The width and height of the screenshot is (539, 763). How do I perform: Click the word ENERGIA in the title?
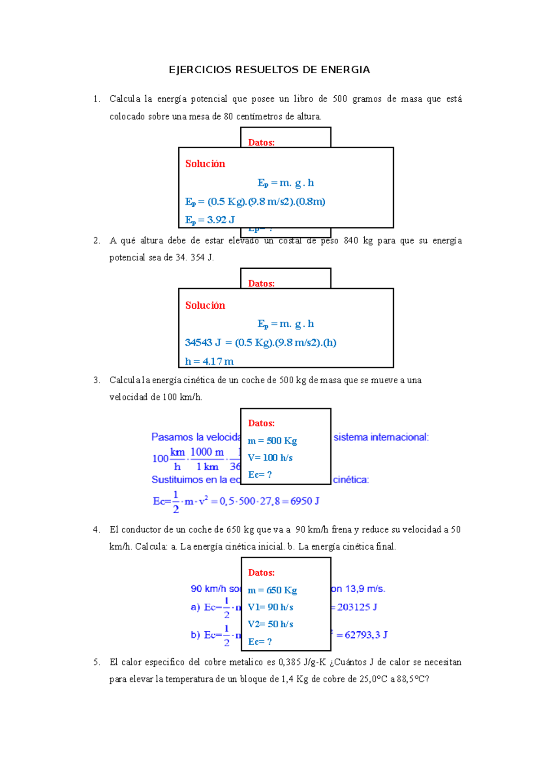345,70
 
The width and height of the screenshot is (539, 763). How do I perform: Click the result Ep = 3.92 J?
210,220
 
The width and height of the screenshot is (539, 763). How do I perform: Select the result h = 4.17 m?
209,361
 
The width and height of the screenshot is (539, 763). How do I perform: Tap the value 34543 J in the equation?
203,342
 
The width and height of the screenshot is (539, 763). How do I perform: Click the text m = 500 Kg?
272,441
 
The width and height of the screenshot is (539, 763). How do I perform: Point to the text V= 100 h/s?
270,458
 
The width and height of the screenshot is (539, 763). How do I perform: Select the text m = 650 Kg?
272,590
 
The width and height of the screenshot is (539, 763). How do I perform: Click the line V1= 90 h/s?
270,607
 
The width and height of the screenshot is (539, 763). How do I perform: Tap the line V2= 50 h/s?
270,624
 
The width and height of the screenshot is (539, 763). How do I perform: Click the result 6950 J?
305,501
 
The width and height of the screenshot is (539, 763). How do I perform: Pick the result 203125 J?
357,607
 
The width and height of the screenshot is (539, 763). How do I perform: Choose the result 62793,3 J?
366,635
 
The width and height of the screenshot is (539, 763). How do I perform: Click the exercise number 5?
96,662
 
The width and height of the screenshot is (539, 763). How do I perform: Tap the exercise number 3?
96,380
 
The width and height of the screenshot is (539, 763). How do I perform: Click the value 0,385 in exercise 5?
290,662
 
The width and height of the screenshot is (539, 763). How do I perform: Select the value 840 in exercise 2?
351,240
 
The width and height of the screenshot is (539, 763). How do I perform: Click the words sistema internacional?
381,437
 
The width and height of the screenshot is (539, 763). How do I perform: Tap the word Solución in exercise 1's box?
205,164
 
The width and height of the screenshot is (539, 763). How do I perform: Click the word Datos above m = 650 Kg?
261,572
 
